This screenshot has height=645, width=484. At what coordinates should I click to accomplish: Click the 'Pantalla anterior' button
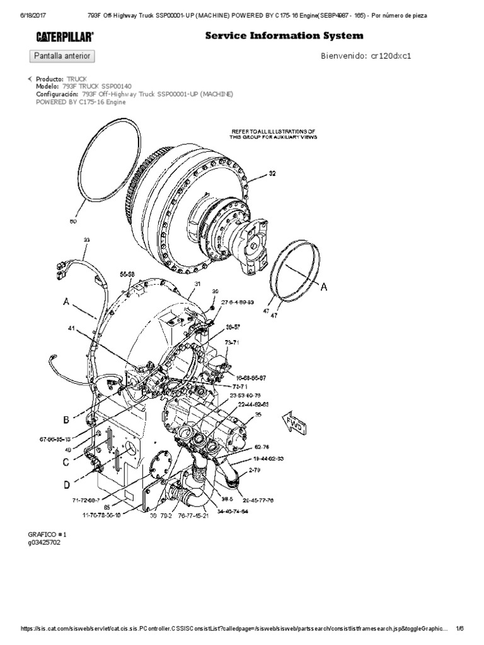point(62,56)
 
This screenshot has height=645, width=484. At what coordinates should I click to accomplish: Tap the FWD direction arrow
point(296,423)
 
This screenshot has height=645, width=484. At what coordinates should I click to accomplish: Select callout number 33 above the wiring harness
point(86,240)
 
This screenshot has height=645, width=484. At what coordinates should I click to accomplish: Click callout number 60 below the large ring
point(72,222)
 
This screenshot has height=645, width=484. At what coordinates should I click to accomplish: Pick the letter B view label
point(65,420)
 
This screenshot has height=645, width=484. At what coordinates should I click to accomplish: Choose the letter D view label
point(66,485)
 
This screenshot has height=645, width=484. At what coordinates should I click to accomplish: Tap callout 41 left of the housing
point(72,328)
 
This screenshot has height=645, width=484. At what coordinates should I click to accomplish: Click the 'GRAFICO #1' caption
point(49,534)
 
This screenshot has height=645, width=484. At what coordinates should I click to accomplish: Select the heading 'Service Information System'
point(284,36)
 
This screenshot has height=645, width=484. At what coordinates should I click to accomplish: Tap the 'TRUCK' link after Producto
point(77,79)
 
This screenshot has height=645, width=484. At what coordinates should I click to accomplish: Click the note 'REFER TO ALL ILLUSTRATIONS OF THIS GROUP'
point(274,134)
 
